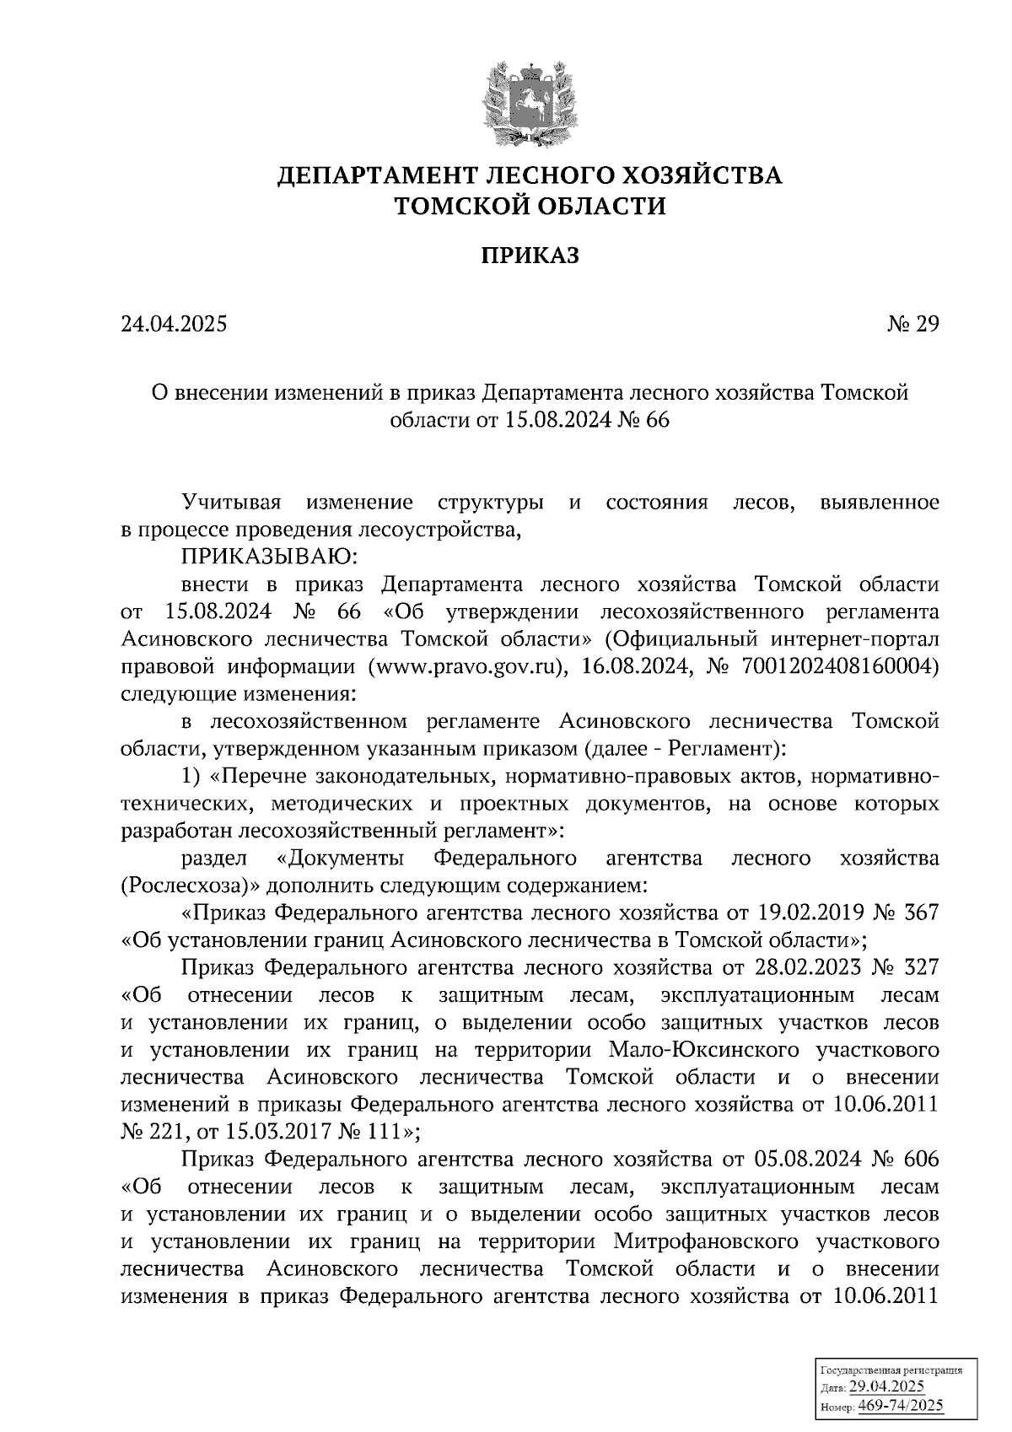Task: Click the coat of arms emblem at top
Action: (530, 101)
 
